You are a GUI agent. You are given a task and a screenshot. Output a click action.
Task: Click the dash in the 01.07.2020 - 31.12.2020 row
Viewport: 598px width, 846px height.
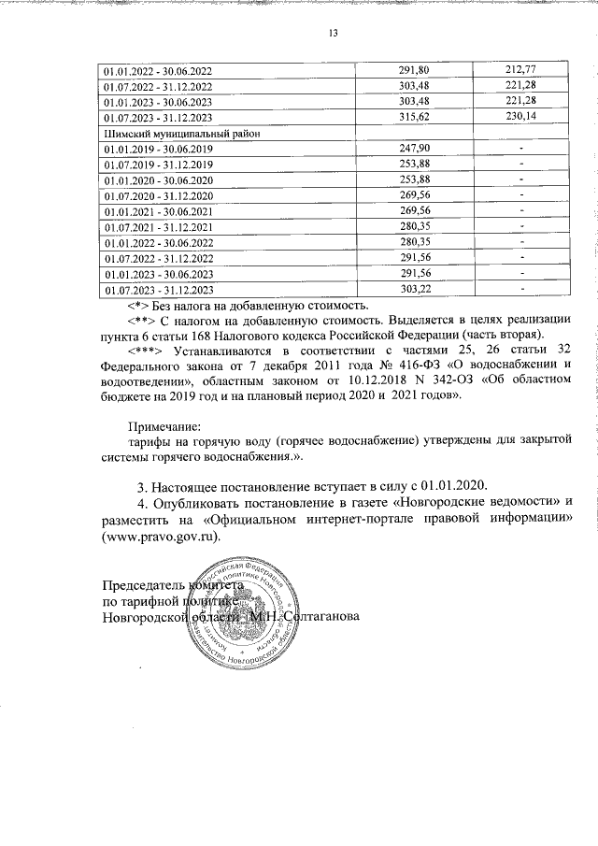click(x=521, y=196)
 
